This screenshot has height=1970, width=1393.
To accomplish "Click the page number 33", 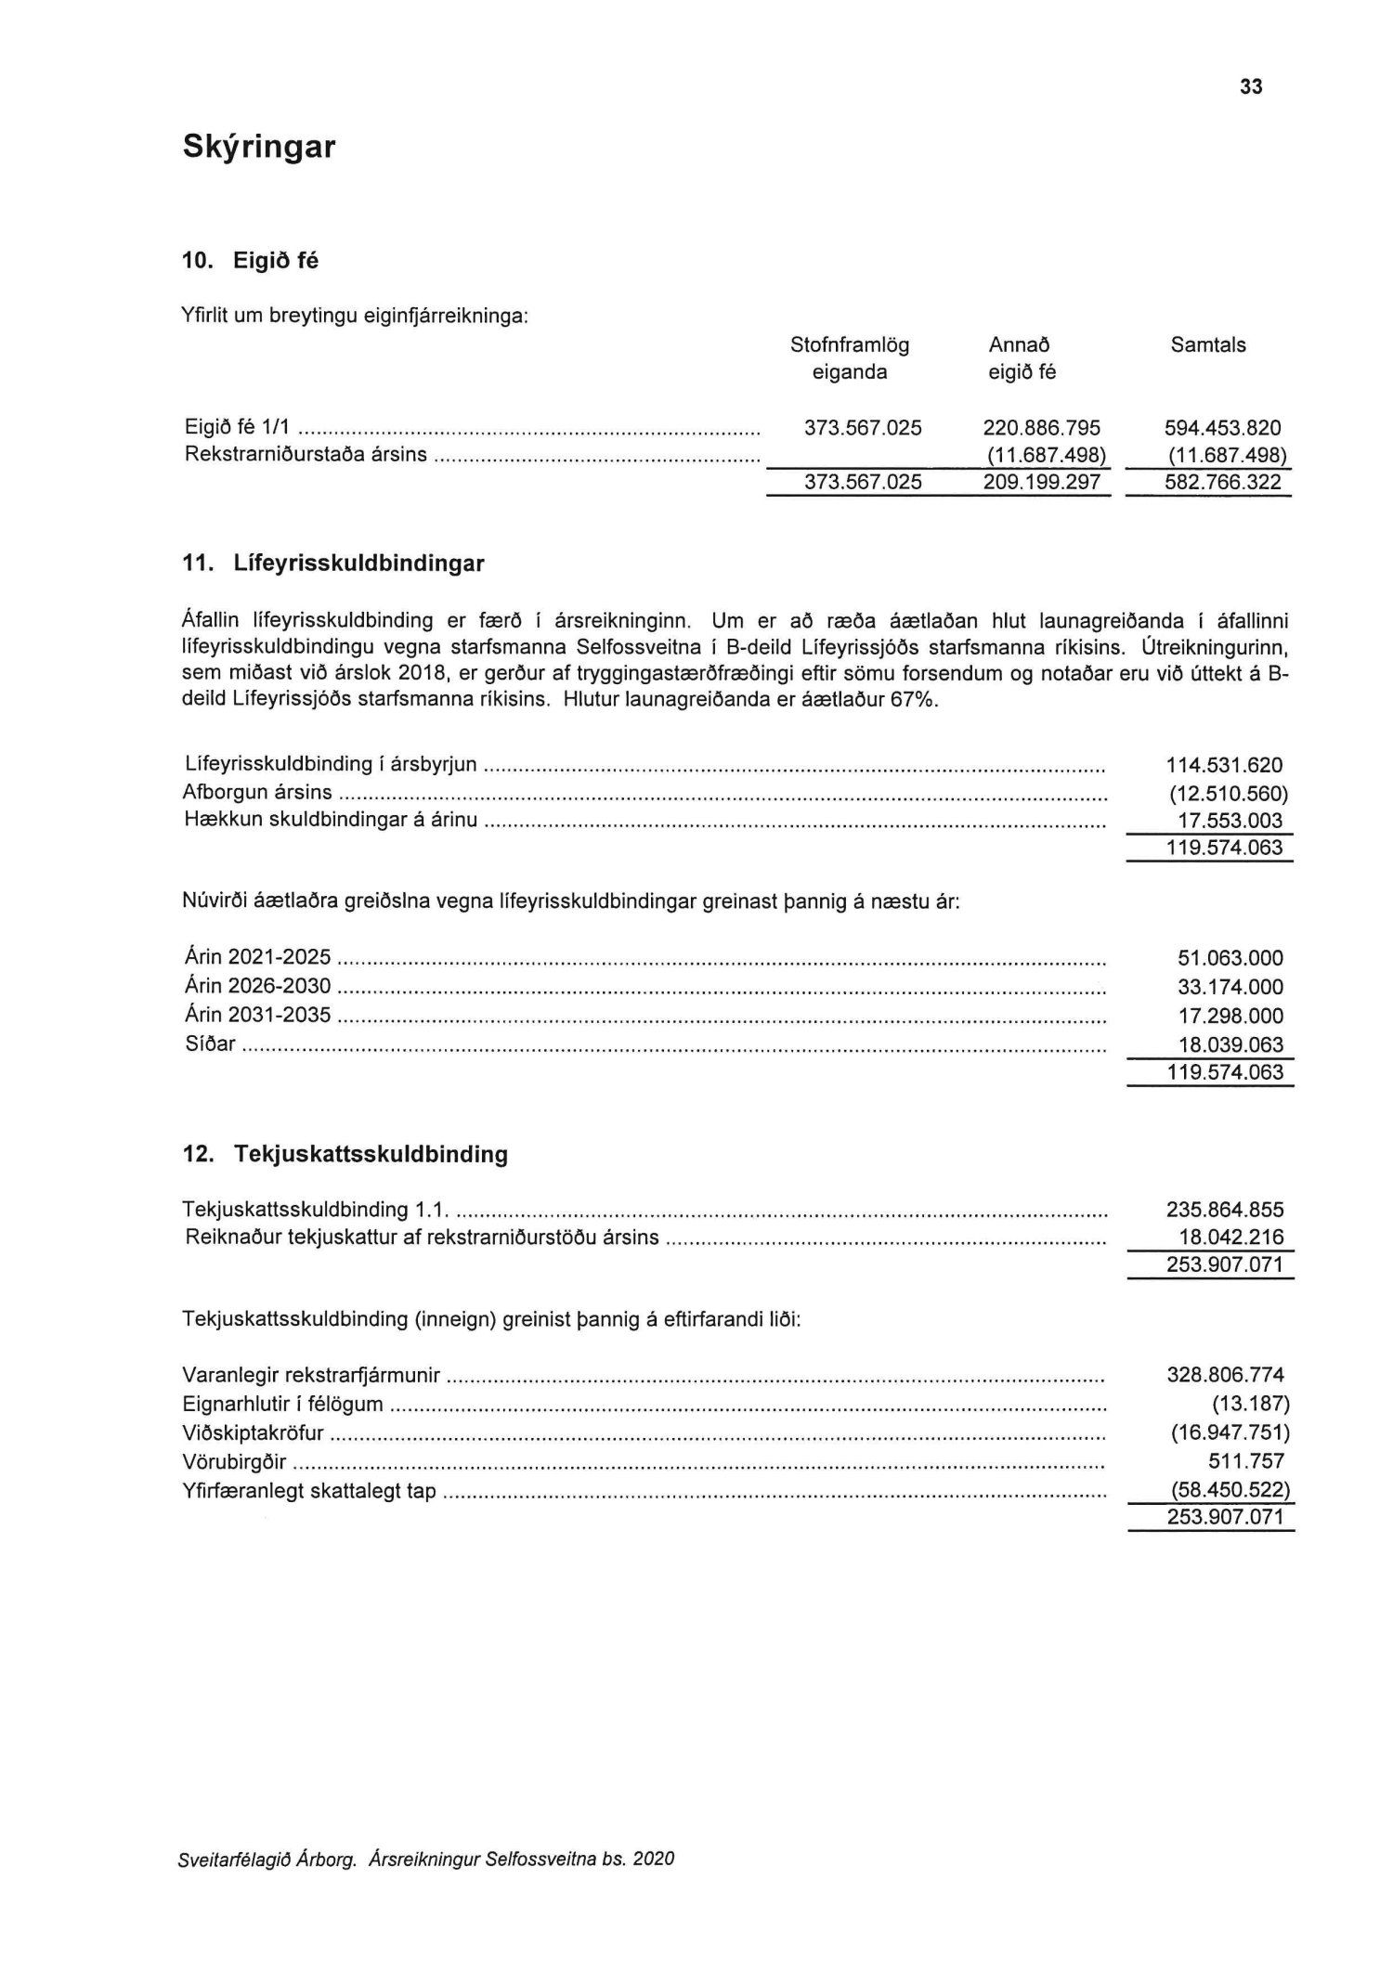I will click(x=1250, y=87).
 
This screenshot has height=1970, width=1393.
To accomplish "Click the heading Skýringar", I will click(x=258, y=147).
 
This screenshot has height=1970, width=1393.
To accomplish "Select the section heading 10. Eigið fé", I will click(x=250, y=262).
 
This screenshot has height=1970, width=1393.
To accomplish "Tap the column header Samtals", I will click(x=1207, y=345).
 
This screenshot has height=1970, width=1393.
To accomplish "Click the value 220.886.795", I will click(x=1041, y=428).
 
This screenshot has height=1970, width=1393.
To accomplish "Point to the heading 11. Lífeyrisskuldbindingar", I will click(x=333, y=564).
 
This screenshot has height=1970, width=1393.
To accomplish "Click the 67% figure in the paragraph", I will click(x=914, y=700).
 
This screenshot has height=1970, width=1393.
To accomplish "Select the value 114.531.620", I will click(x=1224, y=766).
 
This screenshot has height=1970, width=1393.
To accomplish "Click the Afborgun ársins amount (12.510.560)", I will click(x=1228, y=794).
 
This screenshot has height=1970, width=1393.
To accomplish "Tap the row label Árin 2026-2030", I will click(x=257, y=986).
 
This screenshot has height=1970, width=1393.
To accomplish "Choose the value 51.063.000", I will click(x=1230, y=958).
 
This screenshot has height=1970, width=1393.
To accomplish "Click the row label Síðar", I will click(x=210, y=1043).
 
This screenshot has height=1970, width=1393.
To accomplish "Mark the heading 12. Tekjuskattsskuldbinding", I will click(x=345, y=1155).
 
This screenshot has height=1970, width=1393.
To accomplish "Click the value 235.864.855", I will click(x=1224, y=1210).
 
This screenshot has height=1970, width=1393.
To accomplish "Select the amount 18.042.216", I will click(x=1230, y=1238).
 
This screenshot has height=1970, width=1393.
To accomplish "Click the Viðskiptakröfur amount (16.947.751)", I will click(x=1229, y=1433).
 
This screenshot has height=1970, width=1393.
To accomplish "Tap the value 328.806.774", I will click(x=1224, y=1375).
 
